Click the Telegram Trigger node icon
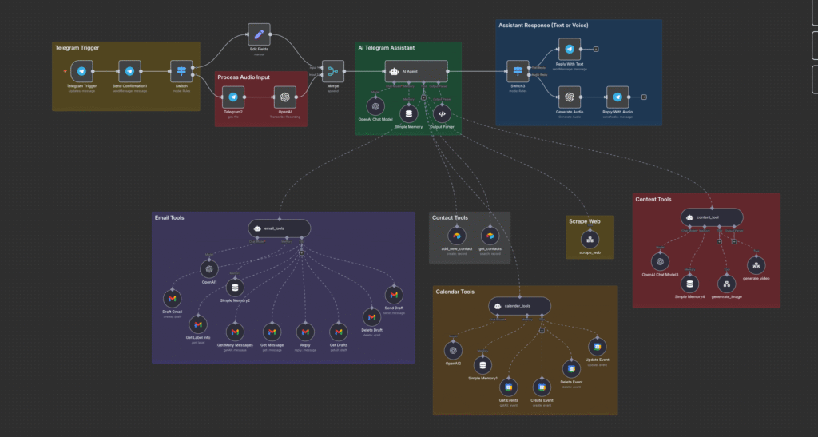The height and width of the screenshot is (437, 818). pos(82,71)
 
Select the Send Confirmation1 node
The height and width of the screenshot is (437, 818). pos(129,71)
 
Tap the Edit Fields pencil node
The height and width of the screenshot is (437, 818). pos(259,35)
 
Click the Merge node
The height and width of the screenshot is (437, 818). pos(332,72)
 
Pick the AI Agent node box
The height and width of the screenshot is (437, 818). pos(415,71)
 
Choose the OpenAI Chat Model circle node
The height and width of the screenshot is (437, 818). pos(375,106)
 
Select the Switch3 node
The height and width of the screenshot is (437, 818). pos(518,71)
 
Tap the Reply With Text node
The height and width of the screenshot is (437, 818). pos(569,49)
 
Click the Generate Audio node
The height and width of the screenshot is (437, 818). pos(569,97)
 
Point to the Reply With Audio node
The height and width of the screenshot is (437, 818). pos(616,97)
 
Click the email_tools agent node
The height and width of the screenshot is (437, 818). pos(279,228)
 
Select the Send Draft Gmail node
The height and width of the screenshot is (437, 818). pos(394,294)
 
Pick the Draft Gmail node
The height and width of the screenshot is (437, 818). pos(172,299)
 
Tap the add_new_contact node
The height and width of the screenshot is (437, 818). pos(457,236)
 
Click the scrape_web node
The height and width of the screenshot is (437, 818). pos(590,239)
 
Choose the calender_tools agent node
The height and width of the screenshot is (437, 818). pos(519,306)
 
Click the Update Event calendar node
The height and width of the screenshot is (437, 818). pos(597,346)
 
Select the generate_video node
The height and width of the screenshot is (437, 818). pos(756,265)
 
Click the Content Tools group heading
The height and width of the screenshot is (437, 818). pos(653,199)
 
